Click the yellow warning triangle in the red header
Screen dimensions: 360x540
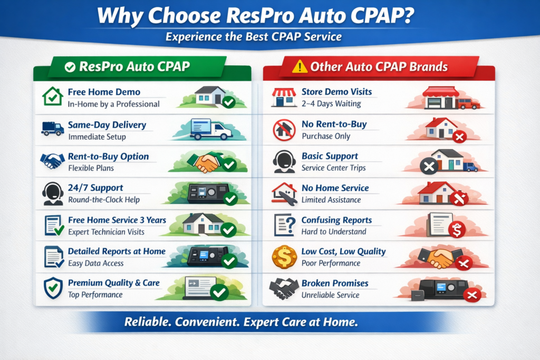(299, 66)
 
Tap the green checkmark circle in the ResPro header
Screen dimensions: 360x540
(69, 67)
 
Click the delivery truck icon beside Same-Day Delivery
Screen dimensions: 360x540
(52, 128)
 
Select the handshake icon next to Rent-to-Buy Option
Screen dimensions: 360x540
(52, 161)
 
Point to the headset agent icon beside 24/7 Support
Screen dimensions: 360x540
(52, 193)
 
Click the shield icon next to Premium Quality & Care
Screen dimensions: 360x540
(52, 288)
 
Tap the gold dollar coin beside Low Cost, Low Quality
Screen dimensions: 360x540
(284, 256)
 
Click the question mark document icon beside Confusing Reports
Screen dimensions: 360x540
(284, 225)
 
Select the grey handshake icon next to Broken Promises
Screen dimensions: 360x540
(284, 288)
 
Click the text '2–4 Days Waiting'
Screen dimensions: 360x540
(331, 104)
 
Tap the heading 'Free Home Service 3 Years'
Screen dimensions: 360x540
(117, 220)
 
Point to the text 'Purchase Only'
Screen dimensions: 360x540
(325, 136)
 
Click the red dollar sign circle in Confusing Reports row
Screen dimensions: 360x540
(456, 230)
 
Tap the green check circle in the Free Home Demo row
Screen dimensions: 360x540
(228, 102)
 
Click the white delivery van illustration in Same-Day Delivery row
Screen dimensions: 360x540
(210, 129)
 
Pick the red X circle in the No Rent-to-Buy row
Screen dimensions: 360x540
(459, 137)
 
